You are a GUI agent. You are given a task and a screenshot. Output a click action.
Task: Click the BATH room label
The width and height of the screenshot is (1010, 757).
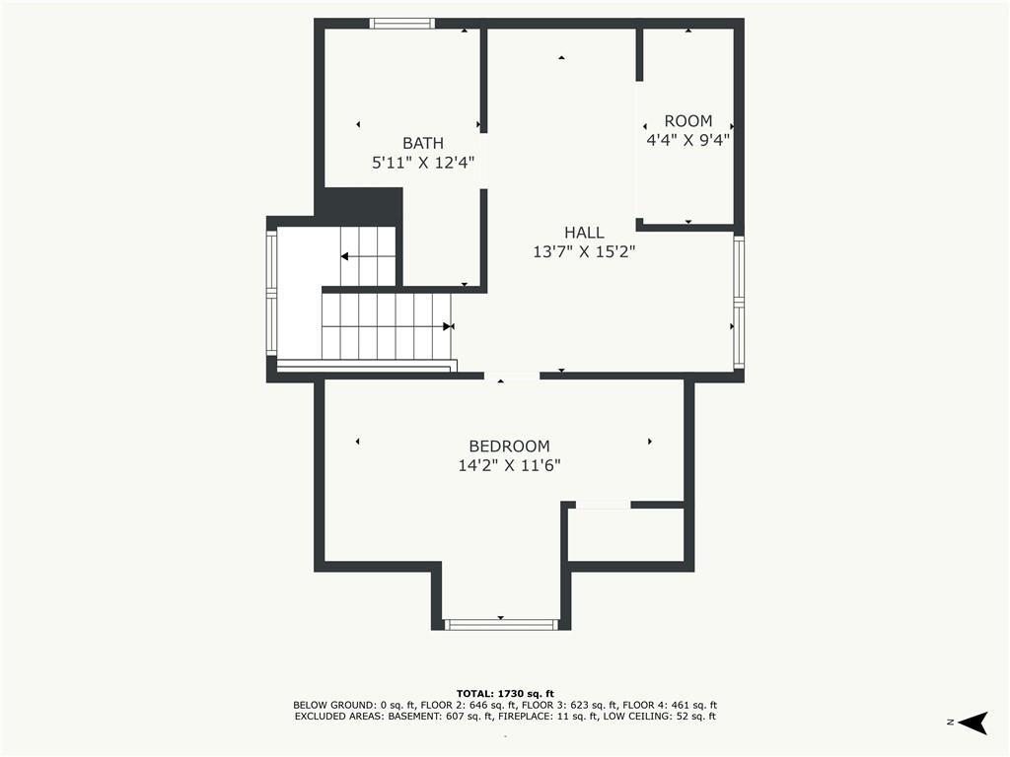click(423, 143)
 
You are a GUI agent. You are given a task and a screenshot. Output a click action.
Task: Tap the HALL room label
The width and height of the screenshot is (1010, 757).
click(584, 233)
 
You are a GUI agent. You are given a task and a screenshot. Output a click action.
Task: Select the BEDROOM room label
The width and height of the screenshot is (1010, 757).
click(510, 447)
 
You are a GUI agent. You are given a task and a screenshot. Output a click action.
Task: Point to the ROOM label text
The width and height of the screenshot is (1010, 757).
click(688, 121)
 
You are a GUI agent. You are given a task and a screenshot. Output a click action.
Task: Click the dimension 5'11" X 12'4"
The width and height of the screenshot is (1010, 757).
click(423, 163)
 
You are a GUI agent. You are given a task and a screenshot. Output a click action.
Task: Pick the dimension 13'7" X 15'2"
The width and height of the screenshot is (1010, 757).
click(584, 251)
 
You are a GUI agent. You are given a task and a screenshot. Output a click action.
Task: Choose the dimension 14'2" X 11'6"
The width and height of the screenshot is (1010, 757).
click(510, 465)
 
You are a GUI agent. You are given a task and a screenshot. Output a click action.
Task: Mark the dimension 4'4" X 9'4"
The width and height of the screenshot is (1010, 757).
click(687, 140)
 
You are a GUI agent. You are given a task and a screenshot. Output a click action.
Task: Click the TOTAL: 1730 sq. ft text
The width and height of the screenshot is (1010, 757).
click(505, 693)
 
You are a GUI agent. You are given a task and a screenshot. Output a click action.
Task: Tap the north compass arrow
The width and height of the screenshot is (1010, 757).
click(974, 723)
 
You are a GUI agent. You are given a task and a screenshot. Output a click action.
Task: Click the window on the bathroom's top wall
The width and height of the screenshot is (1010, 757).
click(402, 24)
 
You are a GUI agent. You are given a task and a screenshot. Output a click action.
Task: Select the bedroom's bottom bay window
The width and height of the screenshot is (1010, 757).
click(500, 624)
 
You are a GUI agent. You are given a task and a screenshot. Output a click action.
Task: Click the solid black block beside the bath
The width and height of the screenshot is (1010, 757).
click(362, 206)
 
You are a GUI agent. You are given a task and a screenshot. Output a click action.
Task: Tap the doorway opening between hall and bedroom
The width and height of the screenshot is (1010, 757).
click(512, 377)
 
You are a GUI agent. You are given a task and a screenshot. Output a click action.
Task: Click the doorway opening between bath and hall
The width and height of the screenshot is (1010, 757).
click(483, 161)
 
